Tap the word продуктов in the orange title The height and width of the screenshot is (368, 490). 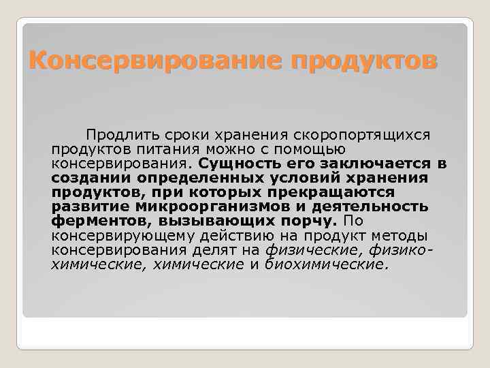point(363,63)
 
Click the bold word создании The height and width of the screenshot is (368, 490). point(84,178)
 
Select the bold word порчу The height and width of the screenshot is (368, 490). point(317,221)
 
